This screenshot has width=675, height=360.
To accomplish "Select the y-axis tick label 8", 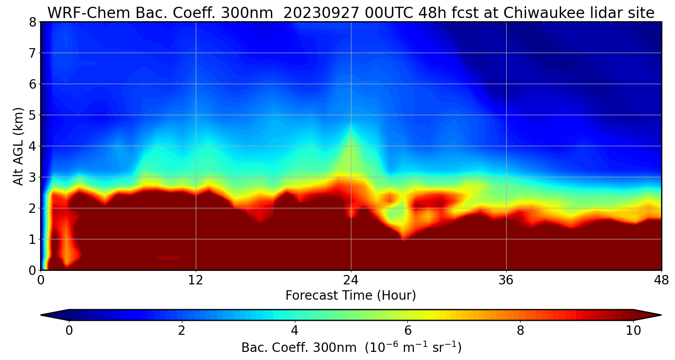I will pos(32,22).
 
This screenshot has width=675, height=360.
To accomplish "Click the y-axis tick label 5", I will pos(32,115).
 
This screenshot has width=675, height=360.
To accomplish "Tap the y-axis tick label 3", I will pos(32,177).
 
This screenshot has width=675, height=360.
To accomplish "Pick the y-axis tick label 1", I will pos(32,239).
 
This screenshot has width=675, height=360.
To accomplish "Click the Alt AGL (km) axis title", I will pos(18,146).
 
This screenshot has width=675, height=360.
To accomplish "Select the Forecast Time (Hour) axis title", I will pos(351,296).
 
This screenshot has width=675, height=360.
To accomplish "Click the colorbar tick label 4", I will pos(295,331).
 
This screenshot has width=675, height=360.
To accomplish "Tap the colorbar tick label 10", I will pos(633,331).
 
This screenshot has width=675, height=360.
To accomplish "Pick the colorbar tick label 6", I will pos(408,331).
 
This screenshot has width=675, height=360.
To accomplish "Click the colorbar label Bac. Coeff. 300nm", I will pos(301,348).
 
